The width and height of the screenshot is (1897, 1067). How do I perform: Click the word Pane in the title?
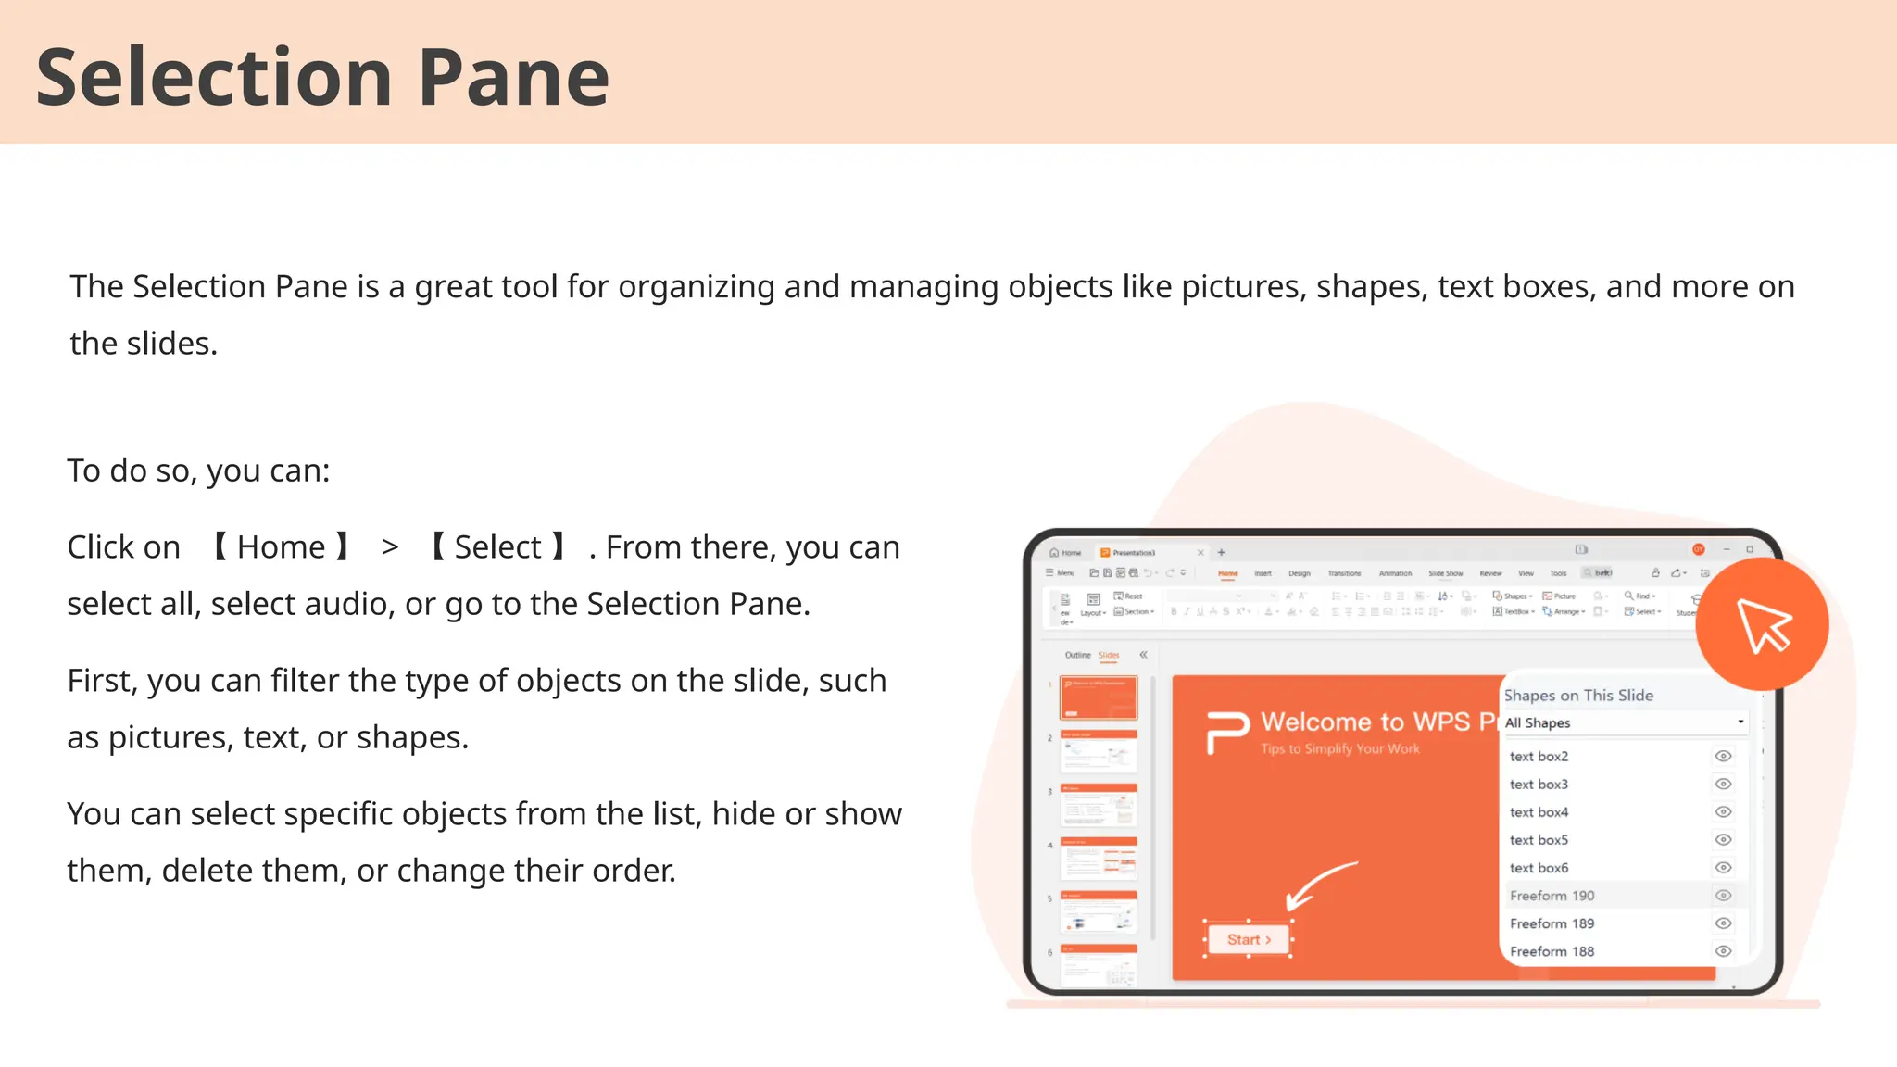point(513,78)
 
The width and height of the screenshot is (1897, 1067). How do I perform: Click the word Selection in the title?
point(213,78)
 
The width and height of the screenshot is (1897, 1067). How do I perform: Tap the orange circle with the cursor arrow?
point(1762,623)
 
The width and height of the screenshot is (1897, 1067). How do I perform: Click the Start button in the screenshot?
point(1248,939)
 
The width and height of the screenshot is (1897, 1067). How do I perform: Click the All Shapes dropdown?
point(1624,722)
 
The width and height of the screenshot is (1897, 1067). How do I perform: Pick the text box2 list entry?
point(1539,756)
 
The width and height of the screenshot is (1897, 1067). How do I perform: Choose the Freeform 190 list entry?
point(1552,896)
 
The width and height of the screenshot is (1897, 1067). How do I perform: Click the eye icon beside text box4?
point(1723,812)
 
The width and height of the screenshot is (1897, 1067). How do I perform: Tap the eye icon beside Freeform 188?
point(1723,951)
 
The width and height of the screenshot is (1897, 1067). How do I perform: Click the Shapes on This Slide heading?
point(1578,696)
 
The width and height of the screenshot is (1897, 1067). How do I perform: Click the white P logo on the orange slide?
point(1227,732)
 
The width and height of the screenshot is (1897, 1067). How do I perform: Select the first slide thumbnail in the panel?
point(1099,697)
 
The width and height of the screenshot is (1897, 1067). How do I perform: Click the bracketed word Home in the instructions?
point(281,547)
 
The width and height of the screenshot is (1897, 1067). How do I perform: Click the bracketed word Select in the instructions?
point(497,547)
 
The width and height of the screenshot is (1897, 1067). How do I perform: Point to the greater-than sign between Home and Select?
point(390,547)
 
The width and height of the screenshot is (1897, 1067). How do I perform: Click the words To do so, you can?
point(198,471)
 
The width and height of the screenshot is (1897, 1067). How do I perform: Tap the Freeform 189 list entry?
point(1552,923)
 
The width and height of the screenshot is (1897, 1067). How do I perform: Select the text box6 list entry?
point(1539,868)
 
